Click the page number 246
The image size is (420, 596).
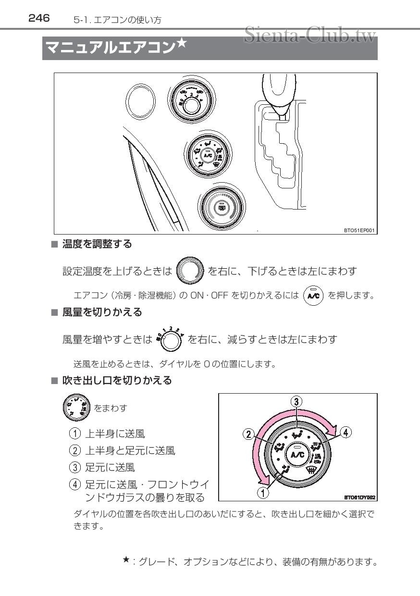pos(39,18)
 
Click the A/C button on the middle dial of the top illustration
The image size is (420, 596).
pos(208,155)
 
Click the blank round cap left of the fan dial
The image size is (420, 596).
pos(140,101)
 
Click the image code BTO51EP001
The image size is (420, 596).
pos(358,231)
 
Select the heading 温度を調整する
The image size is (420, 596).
pos(97,244)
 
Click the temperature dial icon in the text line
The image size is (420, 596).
pos(191,271)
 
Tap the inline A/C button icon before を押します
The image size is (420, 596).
pos(314,295)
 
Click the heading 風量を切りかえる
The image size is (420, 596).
pos(102,312)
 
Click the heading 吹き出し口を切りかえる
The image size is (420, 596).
pos(117,381)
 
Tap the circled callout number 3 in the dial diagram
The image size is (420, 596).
pos(297,402)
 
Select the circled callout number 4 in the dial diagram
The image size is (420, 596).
pos(346,432)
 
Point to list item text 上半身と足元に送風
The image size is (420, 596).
pos(130,450)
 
